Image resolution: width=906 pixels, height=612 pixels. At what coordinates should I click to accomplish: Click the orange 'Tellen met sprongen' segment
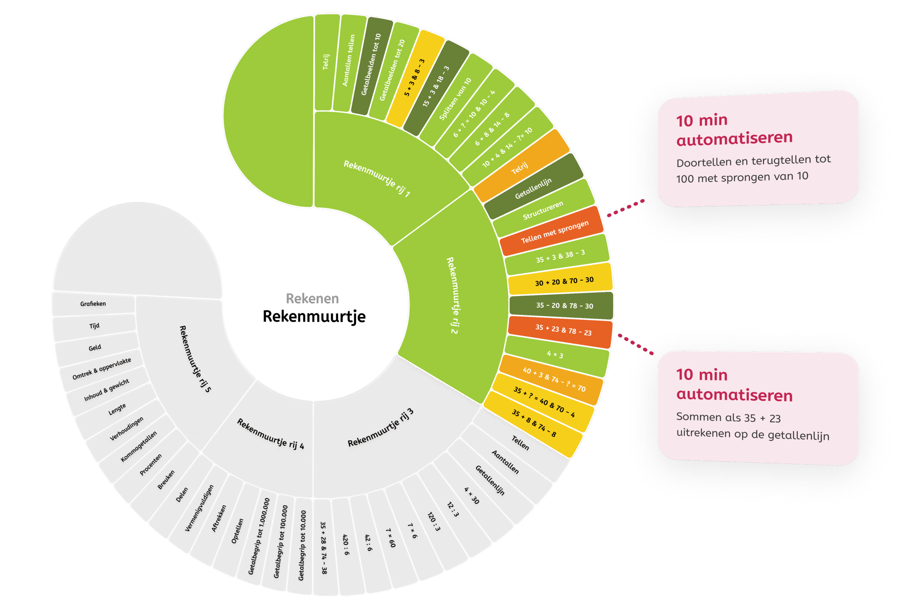coord(554,232)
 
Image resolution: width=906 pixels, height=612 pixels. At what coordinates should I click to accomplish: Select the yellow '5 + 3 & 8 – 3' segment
coord(415,78)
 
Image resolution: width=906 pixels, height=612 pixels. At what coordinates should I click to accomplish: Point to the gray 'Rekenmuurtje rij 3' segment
coord(380,429)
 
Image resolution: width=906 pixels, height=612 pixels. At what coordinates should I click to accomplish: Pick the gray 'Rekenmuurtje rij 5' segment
coord(195,359)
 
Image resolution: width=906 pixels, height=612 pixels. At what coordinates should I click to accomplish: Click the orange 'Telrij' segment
coord(520,168)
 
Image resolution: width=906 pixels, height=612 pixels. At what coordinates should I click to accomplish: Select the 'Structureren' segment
coord(543,210)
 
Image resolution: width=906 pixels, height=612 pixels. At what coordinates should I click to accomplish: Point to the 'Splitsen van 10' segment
coord(455,99)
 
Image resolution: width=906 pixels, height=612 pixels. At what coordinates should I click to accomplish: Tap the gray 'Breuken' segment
coord(166,480)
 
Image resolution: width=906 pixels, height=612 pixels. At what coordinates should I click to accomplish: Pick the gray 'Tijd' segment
coord(94,326)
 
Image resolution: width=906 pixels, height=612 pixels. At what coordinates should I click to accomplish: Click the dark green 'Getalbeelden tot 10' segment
coord(370,64)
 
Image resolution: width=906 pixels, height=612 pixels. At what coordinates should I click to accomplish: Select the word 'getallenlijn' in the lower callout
coord(795,435)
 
